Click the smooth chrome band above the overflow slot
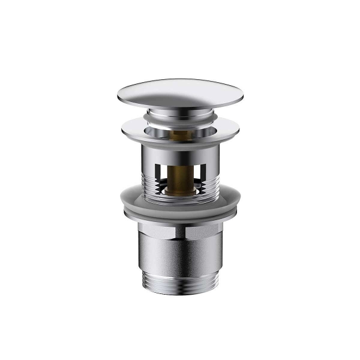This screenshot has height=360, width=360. point(180,149)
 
